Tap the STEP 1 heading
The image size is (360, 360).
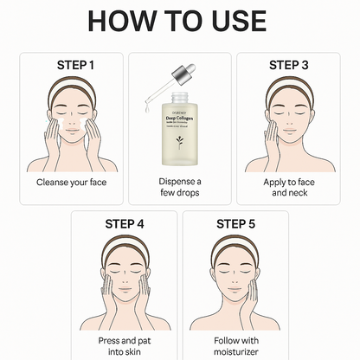pyautogui.click(x=72, y=65)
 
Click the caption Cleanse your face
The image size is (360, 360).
pyautogui.click(x=72, y=183)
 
